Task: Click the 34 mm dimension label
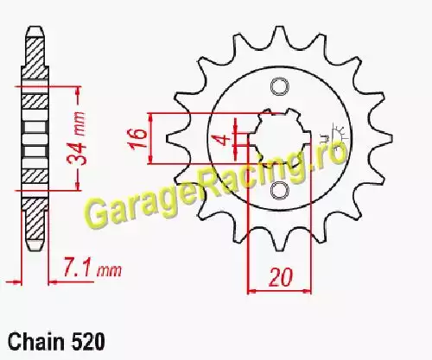[77, 138]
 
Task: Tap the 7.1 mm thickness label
[92, 268]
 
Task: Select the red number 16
[138, 139]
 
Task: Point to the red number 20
[280, 277]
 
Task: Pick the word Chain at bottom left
[36, 342]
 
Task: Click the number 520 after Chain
[86, 342]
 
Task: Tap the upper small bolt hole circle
[279, 87]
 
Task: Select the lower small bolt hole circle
[279, 191]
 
